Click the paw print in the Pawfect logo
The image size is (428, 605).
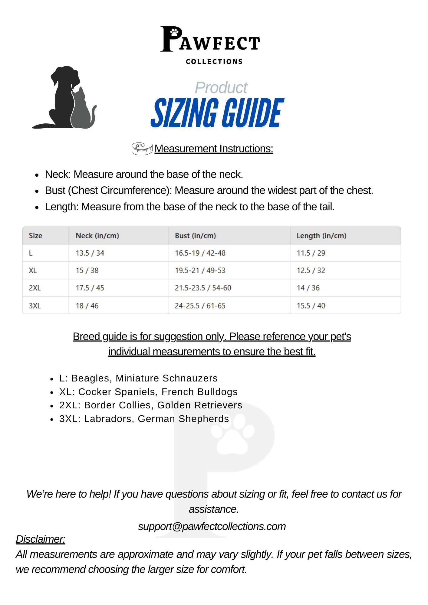pos(174,32)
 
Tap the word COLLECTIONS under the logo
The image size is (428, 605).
pos(214,62)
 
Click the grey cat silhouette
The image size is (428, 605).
pos(81,110)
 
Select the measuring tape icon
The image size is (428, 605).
pos(142,149)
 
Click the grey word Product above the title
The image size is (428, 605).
pos(221,88)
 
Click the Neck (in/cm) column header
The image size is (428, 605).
pos(97,236)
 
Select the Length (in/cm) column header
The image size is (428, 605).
pos(321,236)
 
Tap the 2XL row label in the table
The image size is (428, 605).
pos(35,288)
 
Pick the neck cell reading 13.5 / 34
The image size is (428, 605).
pos(90,253)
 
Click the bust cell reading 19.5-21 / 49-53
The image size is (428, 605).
pos(200,270)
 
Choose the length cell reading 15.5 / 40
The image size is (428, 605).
pos(311,306)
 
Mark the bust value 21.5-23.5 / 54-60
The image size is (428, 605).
pos(203,288)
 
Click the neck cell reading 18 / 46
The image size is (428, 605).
pos(87,306)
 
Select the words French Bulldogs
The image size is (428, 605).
pos(199,392)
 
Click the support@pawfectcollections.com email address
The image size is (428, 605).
pos(212,526)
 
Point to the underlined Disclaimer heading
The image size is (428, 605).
pos(41,539)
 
